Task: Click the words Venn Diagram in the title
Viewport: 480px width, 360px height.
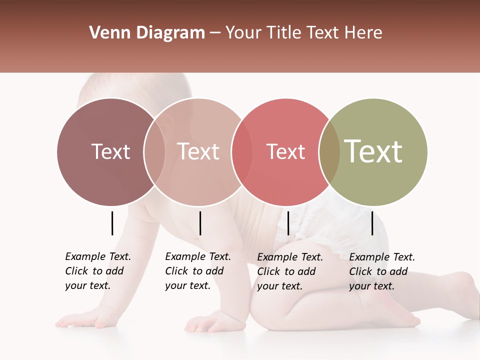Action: click(x=146, y=33)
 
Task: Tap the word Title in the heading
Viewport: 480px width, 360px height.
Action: click(x=284, y=33)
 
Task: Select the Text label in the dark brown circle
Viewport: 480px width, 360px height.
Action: click(x=110, y=151)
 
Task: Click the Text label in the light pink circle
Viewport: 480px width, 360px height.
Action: click(x=198, y=151)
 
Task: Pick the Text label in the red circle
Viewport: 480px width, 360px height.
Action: click(x=285, y=151)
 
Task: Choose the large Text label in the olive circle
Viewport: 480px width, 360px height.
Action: click(x=373, y=151)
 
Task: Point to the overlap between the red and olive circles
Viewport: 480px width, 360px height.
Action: click(x=329, y=152)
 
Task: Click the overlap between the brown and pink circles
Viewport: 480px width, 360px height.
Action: click(x=154, y=152)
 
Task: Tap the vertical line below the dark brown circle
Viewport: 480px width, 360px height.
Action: click(x=112, y=223)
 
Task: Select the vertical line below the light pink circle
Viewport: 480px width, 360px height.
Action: click(x=200, y=223)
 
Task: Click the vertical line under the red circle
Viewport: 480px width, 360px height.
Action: click(x=288, y=223)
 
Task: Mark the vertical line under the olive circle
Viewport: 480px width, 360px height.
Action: click(x=372, y=223)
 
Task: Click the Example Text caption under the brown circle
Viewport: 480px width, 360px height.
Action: click(x=97, y=271)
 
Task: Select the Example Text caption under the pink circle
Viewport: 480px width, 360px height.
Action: click(x=197, y=271)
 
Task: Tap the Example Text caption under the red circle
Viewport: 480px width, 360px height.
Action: click(x=289, y=271)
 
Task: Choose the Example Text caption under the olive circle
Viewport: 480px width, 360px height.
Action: click(x=381, y=271)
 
